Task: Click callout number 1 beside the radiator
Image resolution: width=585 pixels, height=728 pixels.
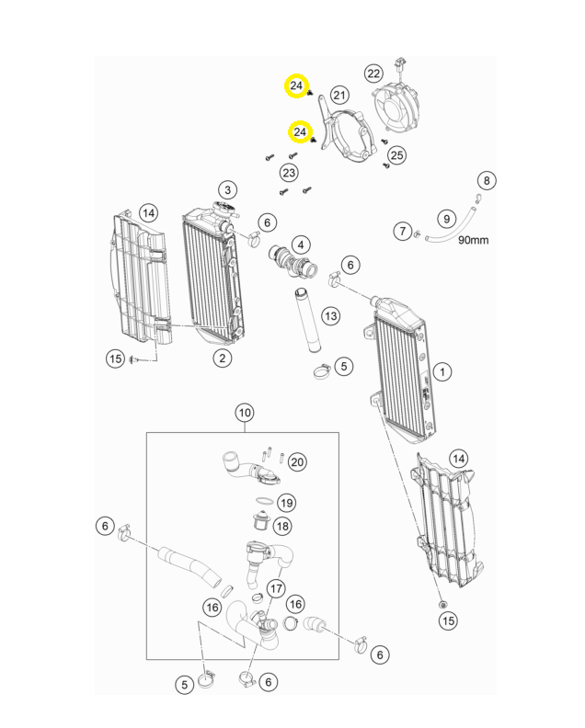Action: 443,372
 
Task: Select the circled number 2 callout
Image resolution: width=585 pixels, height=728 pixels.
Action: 222,357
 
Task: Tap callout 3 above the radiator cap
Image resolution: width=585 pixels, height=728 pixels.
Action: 227,190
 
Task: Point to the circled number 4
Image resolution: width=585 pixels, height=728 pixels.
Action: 302,245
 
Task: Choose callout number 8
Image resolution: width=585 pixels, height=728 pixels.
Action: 487,180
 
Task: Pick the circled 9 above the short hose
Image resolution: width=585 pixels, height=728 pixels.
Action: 446,219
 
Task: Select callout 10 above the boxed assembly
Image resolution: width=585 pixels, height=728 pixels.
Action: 244,413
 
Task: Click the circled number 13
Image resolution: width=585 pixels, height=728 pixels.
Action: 330,316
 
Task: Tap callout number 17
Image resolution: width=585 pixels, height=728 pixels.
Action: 276,587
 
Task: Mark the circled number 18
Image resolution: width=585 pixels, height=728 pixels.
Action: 281,526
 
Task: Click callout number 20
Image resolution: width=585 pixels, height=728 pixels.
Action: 296,461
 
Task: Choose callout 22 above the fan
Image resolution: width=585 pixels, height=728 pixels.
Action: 373,74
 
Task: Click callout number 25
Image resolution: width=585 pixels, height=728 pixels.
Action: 396,155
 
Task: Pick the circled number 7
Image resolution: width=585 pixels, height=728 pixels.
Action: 403,231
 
